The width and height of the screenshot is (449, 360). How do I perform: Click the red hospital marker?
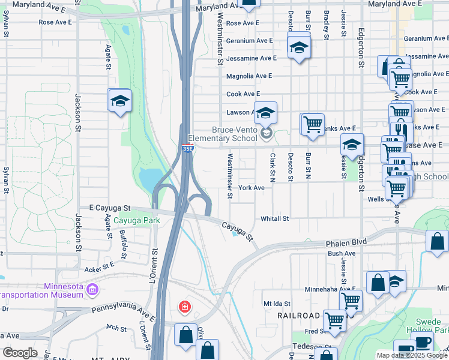[185, 308]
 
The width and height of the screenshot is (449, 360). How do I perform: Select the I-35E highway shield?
[188, 148]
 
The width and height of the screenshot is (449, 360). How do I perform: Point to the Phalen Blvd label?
[347, 244]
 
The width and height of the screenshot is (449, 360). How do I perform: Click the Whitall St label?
[275, 219]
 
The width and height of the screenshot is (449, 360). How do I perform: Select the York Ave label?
[252, 188]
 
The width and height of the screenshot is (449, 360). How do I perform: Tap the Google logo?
[20, 353]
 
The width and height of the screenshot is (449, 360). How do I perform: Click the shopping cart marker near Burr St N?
[312, 125]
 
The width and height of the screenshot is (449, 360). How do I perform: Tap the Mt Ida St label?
[277, 304]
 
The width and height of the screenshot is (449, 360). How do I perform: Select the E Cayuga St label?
[106, 208]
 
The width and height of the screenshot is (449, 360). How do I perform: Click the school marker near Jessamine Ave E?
[299, 48]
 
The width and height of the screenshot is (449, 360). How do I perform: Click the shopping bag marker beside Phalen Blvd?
[438, 241]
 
